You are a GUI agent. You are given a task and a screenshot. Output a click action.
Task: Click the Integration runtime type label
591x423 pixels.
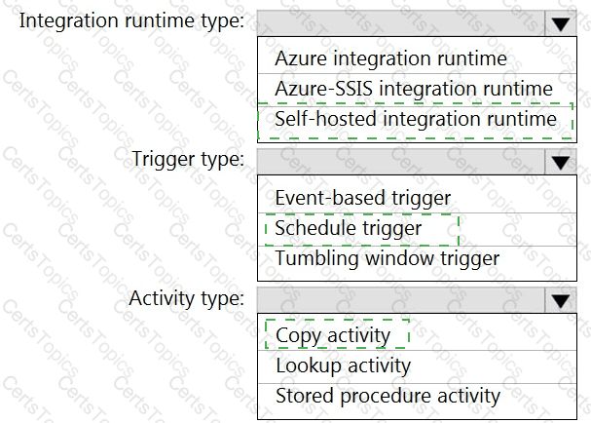coord(131,21)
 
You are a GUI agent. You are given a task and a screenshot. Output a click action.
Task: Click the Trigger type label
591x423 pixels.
coord(188,160)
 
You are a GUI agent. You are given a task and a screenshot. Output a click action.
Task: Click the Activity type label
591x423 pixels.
coord(187,299)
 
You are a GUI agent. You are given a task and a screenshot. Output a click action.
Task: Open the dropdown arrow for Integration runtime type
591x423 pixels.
coord(561,23)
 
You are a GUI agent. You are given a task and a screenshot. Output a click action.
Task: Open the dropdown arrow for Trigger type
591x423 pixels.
coord(561,162)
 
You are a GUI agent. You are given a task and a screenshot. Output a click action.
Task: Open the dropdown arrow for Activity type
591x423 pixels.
coord(561,300)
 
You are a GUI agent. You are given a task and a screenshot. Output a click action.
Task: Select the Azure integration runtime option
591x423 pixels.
coord(390,58)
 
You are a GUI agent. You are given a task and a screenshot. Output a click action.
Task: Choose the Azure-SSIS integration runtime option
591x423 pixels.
coord(414,89)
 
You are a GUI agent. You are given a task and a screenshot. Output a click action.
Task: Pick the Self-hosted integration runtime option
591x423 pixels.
coord(416,119)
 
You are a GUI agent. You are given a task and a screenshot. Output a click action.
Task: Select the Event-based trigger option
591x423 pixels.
coord(363,198)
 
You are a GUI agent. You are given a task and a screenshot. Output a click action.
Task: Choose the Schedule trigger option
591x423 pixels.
coord(349,228)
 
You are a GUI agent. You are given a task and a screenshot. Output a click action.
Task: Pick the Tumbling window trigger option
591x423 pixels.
coord(388,259)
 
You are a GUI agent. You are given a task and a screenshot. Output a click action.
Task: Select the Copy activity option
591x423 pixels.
coord(333,336)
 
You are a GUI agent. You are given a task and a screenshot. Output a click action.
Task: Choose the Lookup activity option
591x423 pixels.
coord(344,366)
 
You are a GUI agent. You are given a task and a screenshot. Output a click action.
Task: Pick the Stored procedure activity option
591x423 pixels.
coord(388,397)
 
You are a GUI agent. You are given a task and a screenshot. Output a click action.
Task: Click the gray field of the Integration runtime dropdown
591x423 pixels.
coord(401,23)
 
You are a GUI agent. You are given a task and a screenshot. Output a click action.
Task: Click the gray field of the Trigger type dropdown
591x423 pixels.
coord(401,162)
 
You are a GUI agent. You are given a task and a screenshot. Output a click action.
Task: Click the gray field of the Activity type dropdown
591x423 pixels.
coord(401,300)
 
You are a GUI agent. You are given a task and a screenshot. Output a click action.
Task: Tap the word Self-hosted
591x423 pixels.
coord(326,119)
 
